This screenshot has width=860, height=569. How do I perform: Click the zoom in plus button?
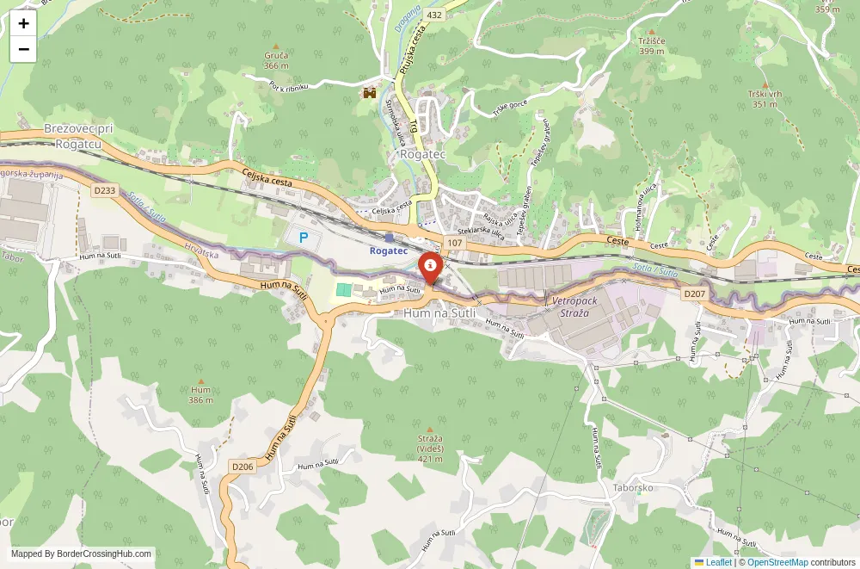(23, 24)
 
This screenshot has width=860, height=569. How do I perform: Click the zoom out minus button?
(23, 49)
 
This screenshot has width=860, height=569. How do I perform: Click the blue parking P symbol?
(303, 237)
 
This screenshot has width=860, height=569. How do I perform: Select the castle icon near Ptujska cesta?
(371, 91)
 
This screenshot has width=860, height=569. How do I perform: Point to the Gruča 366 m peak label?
(276, 59)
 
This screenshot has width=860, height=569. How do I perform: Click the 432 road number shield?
(433, 15)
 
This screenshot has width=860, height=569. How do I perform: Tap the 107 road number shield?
(454, 243)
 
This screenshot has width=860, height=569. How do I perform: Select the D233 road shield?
(105, 189)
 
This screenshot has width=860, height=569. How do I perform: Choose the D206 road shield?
(243, 467)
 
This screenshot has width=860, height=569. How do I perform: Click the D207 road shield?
(694, 294)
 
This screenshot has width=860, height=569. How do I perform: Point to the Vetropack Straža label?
(574, 307)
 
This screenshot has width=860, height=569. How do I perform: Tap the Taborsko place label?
(634, 487)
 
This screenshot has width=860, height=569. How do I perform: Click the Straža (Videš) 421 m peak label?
(430, 443)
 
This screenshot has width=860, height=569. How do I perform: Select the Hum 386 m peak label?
(200, 394)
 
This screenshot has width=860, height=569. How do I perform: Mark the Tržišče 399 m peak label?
(651, 46)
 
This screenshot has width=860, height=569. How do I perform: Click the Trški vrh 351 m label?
(765, 99)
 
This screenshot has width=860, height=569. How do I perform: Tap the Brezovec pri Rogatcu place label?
(78, 136)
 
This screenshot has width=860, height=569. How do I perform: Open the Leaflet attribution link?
(713, 562)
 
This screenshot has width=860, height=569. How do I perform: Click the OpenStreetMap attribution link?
(777, 562)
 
